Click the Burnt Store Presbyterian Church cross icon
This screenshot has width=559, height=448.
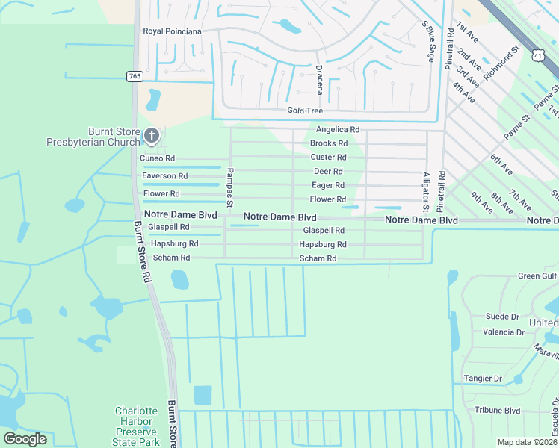click(152, 135)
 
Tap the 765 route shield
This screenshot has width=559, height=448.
click(135, 76)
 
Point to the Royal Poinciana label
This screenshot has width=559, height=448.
click(173, 31)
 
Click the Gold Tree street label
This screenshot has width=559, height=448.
click(304, 111)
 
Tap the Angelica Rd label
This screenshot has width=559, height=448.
click(338, 129)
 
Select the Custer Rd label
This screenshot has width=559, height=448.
click(328, 158)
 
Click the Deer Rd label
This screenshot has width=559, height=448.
click(328, 171)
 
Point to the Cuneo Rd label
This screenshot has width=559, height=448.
click(157, 158)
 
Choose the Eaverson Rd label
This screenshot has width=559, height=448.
click(164, 176)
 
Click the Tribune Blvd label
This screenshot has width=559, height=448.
click(497, 411)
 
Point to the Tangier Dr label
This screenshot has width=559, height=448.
click(483, 379)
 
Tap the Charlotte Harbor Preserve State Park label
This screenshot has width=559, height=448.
click(137, 426)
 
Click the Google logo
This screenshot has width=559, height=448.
click(25, 439)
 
